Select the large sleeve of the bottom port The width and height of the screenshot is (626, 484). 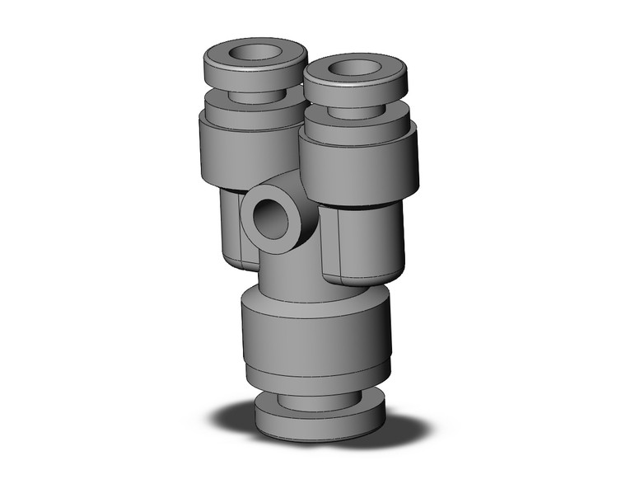[x=315, y=330]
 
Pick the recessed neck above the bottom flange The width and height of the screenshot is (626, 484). [x=315, y=401]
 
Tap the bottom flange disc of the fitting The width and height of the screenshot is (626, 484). [x=315, y=422]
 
